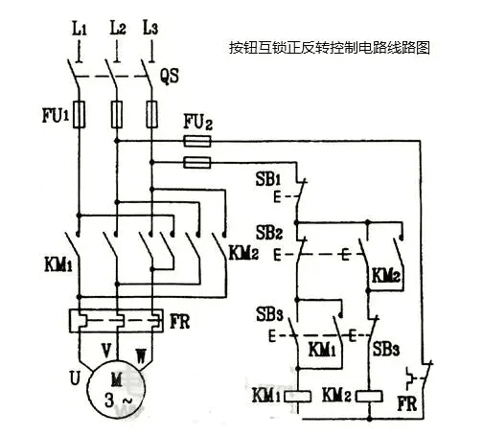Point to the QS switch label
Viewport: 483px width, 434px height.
(x=169, y=73)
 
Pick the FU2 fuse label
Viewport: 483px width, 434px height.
(x=197, y=123)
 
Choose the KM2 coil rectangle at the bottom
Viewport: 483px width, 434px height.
(x=371, y=395)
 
